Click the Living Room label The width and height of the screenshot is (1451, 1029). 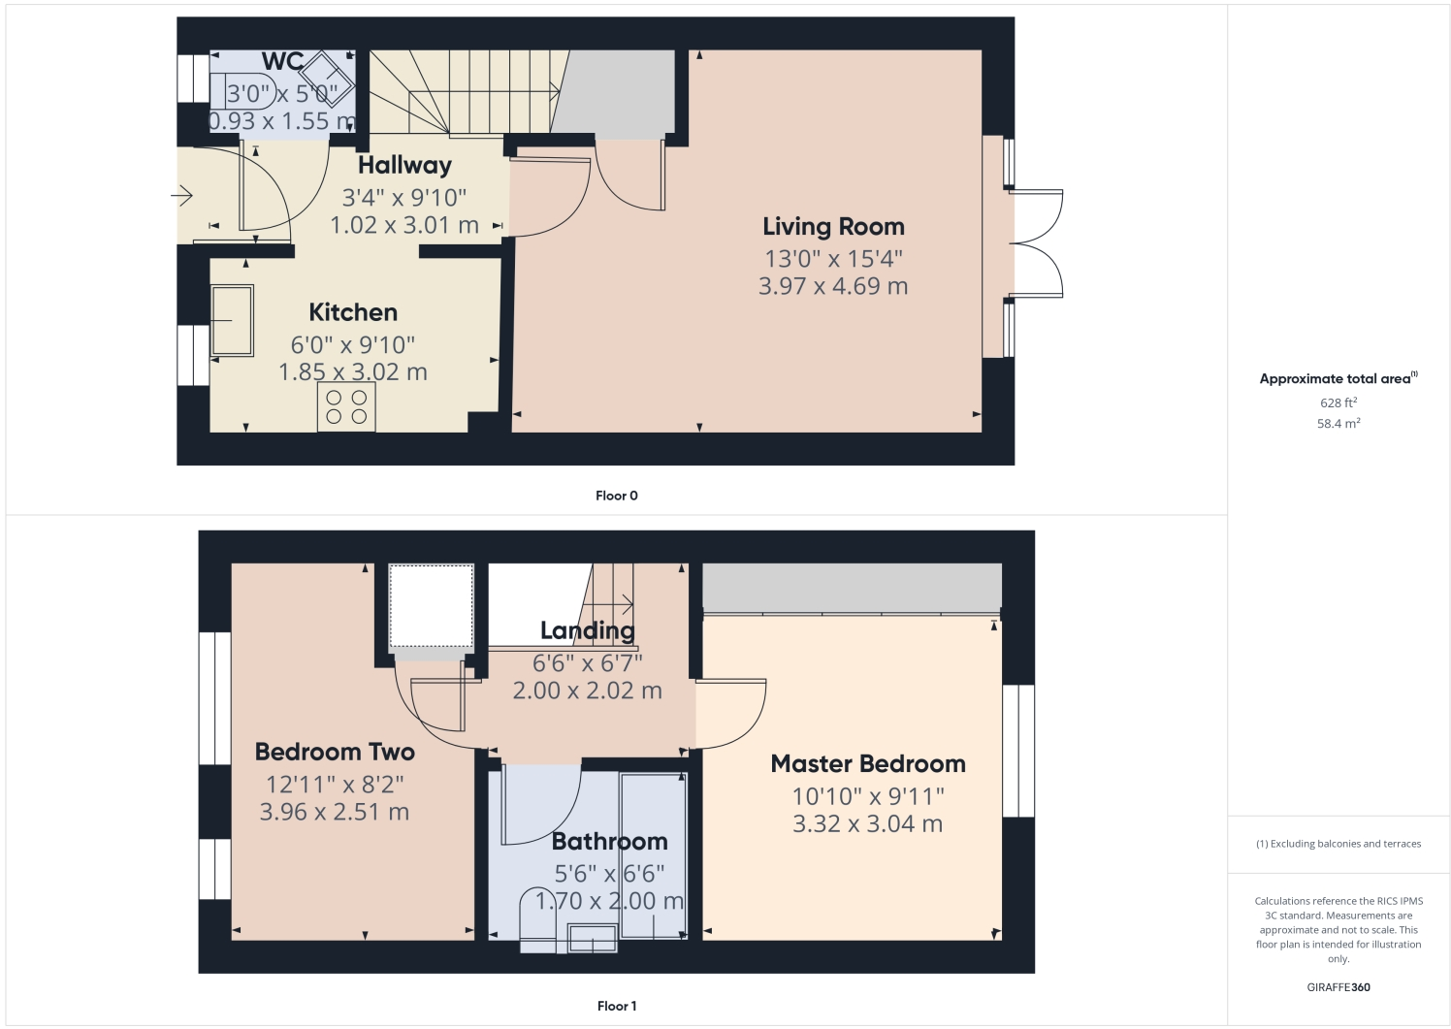pos(833,226)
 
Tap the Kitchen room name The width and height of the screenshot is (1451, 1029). pos(353,312)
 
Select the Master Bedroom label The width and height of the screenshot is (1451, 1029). pos(868,763)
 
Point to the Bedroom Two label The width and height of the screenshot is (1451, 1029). pos(335,752)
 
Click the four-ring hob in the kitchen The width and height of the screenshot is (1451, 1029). pos(346,407)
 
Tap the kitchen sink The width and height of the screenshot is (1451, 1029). pos(232,320)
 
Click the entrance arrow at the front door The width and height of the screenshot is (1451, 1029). pos(182,196)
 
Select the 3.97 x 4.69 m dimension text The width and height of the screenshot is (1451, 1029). pos(833,286)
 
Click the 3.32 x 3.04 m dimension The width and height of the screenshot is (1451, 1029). pos(868,823)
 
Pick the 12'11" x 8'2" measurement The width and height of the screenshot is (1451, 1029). pos(335,784)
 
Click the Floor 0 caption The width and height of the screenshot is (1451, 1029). pos(617,496)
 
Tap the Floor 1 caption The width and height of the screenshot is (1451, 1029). pos(617,1006)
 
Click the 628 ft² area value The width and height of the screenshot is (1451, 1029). pos(1338,402)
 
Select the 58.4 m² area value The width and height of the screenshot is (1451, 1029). pos(1338,424)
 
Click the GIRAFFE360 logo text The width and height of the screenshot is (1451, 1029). pos(1338,987)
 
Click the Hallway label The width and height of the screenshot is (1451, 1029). pos(404,165)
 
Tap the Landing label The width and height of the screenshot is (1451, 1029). pos(588,630)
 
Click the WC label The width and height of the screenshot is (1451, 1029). pos(282,62)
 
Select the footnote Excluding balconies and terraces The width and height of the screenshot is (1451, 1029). pos(1338,844)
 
